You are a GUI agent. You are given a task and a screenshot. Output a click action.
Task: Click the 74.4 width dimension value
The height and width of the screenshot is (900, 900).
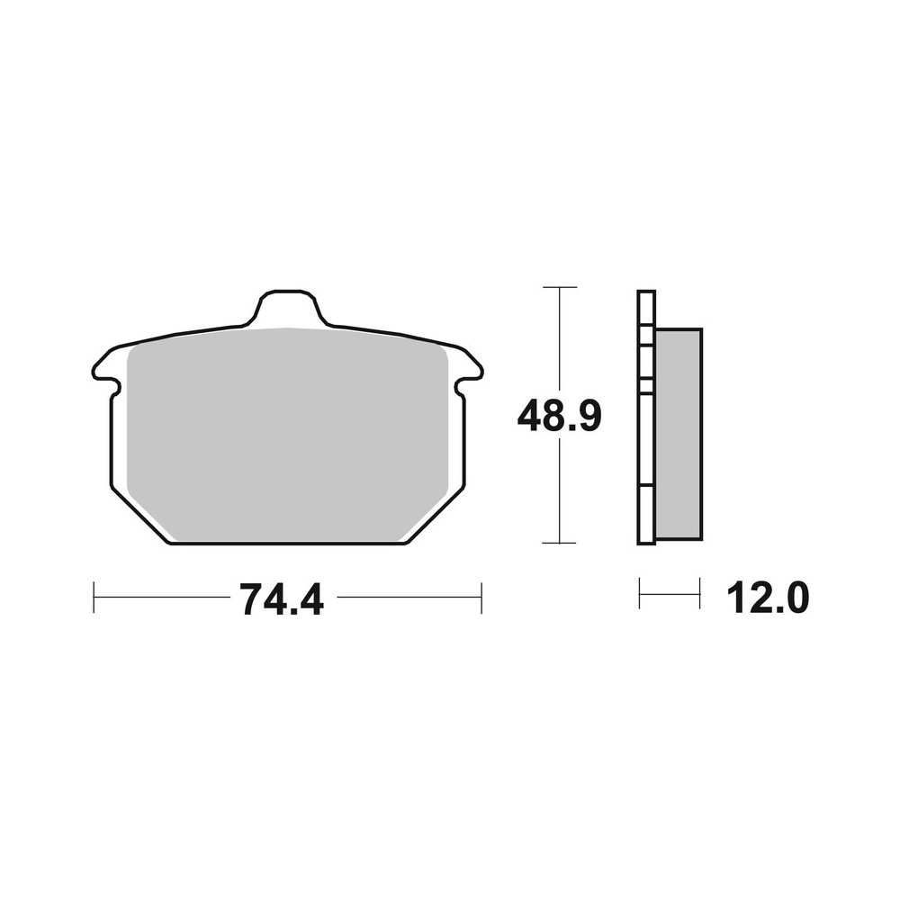coord(281,598)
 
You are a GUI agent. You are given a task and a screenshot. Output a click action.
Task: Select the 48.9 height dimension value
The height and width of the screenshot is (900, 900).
coord(558,416)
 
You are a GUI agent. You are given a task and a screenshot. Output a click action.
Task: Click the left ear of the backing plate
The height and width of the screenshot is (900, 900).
coord(103,366)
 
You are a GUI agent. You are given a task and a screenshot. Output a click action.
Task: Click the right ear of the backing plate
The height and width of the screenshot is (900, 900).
coord(472,366)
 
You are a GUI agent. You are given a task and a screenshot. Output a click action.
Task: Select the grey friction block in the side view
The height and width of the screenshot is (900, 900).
coord(679,434)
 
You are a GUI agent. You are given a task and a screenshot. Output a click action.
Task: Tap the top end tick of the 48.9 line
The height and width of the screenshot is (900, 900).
coord(560,287)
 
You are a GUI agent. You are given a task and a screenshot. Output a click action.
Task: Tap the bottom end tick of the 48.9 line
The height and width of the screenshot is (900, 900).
coord(560,544)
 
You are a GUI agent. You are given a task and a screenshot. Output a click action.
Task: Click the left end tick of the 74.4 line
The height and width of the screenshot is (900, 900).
coord(94,598)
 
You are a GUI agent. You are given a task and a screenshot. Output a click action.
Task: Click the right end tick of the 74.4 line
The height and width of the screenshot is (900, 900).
coord(481,598)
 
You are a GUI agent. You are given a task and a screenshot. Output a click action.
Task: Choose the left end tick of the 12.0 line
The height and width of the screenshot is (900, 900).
coord(639,594)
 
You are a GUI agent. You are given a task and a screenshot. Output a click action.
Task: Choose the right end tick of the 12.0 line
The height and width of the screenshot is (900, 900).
coord(700,594)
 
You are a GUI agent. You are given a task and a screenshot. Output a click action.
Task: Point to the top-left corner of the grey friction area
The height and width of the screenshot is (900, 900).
coord(135,353)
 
